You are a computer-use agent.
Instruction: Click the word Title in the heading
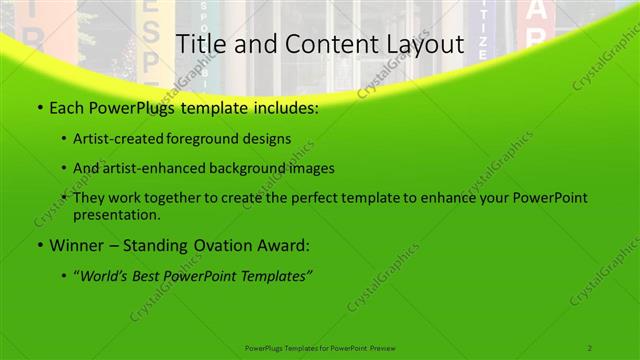[200, 45]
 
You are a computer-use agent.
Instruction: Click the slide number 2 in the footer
[590, 347]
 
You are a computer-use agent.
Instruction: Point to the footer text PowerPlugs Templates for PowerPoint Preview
[320, 347]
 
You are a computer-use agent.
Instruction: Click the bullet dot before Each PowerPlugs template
[38, 108]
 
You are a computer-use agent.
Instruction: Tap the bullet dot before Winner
[38, 245]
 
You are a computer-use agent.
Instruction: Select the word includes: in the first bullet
[287, 108]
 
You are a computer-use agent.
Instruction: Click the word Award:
[283, 245]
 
